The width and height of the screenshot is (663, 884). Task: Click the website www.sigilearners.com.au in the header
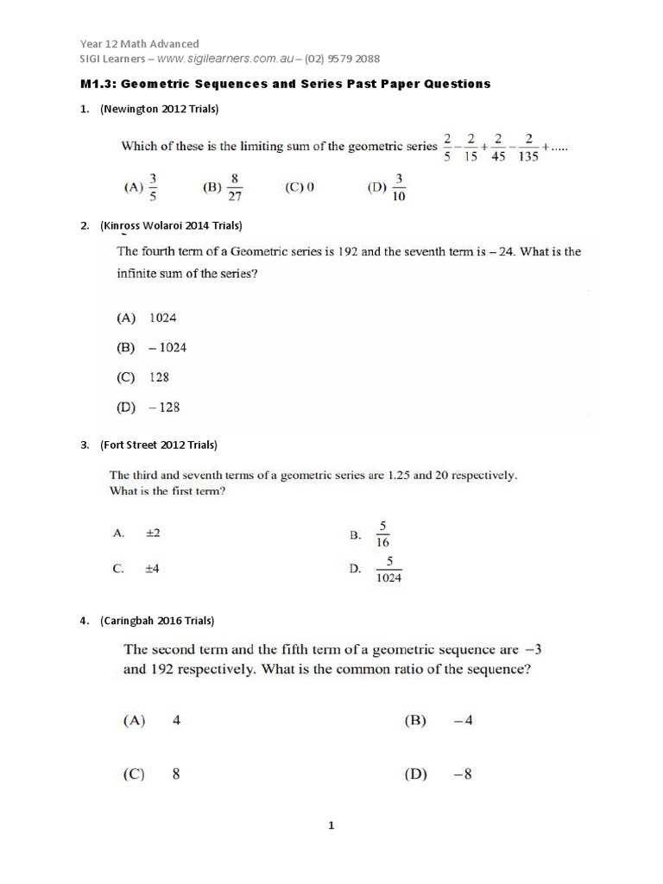tap(227, 59)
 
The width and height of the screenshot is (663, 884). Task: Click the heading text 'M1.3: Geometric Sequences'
tap(198, 84)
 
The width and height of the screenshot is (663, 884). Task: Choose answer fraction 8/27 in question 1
tap(234, 187)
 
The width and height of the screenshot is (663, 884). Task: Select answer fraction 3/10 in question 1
tap(399, 187)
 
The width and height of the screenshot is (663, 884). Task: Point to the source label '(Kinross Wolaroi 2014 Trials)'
tap(171, 226)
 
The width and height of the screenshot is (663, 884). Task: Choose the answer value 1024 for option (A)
tap(162, 318)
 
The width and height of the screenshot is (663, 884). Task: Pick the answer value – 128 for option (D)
tap(164, 407)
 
